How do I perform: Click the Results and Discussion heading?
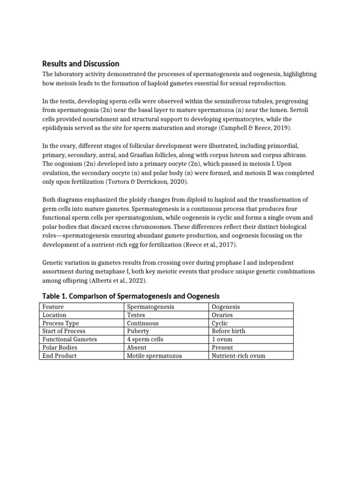[x=81, y=63]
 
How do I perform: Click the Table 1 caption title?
[x=131, y=296]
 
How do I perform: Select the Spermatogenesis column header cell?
[x=150, y=307]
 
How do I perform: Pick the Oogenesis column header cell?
[x=226, y=307]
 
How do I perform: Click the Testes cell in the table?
[x=136, y=315]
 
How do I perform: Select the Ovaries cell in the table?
[x=223, y=315]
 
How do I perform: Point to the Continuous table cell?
[x=143, y=323]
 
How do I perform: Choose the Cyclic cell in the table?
[x=220, y=323]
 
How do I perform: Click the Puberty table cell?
[x=138, y=331]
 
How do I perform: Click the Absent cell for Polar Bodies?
[x=136, y=347]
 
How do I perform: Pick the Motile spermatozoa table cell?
[x=154, y=356]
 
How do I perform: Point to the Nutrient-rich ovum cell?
[x=239, y=356]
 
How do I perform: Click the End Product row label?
[x=59, y=356]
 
